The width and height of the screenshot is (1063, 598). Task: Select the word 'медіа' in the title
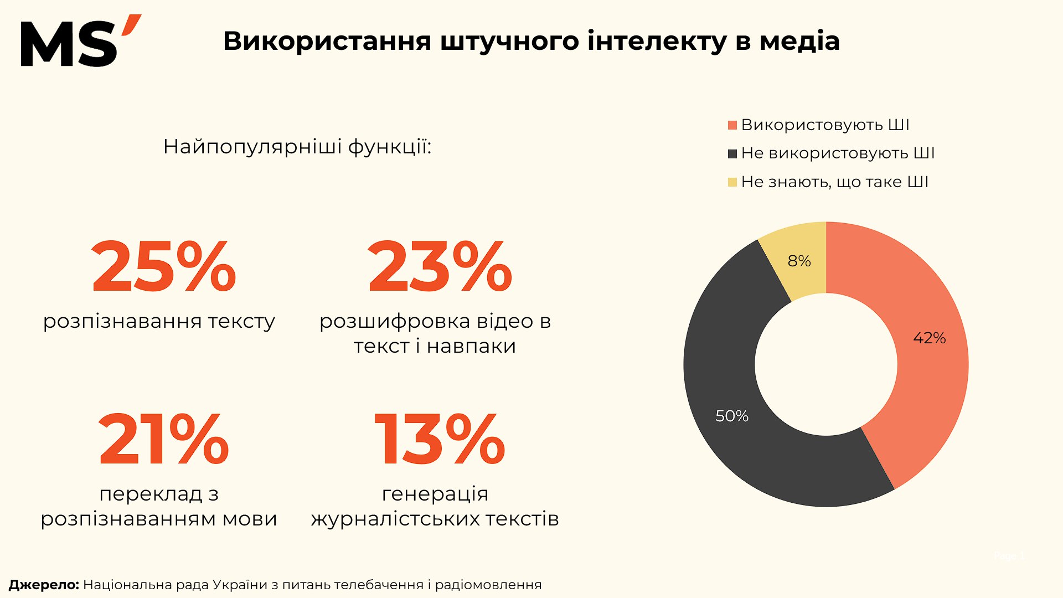pos(799,41)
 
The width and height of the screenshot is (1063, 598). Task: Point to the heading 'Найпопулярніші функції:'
pos(297,147)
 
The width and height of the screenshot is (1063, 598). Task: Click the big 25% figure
pos(164,266)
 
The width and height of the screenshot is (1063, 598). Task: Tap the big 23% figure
pos(440,266)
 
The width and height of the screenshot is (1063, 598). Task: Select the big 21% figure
pos(164,439)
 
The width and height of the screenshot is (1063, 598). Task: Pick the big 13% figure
pos(440,439)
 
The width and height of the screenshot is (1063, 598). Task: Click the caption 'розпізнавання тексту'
pos(159,321)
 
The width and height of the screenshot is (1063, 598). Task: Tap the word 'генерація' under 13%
pos(435,493)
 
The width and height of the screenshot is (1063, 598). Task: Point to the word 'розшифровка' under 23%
pos(395,321)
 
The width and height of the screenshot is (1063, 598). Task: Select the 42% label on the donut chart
pos(929,338)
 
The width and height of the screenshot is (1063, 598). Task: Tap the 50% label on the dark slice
pos(732,416)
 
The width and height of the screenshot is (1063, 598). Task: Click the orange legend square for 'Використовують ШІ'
pos(732,126)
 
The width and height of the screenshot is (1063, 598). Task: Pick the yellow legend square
pos(732,182)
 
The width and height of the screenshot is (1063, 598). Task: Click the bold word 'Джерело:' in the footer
pos(44,585)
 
